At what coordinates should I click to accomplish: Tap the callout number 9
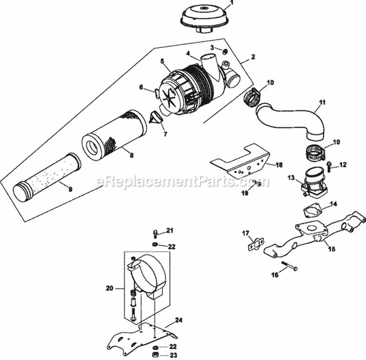pos(70,189)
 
